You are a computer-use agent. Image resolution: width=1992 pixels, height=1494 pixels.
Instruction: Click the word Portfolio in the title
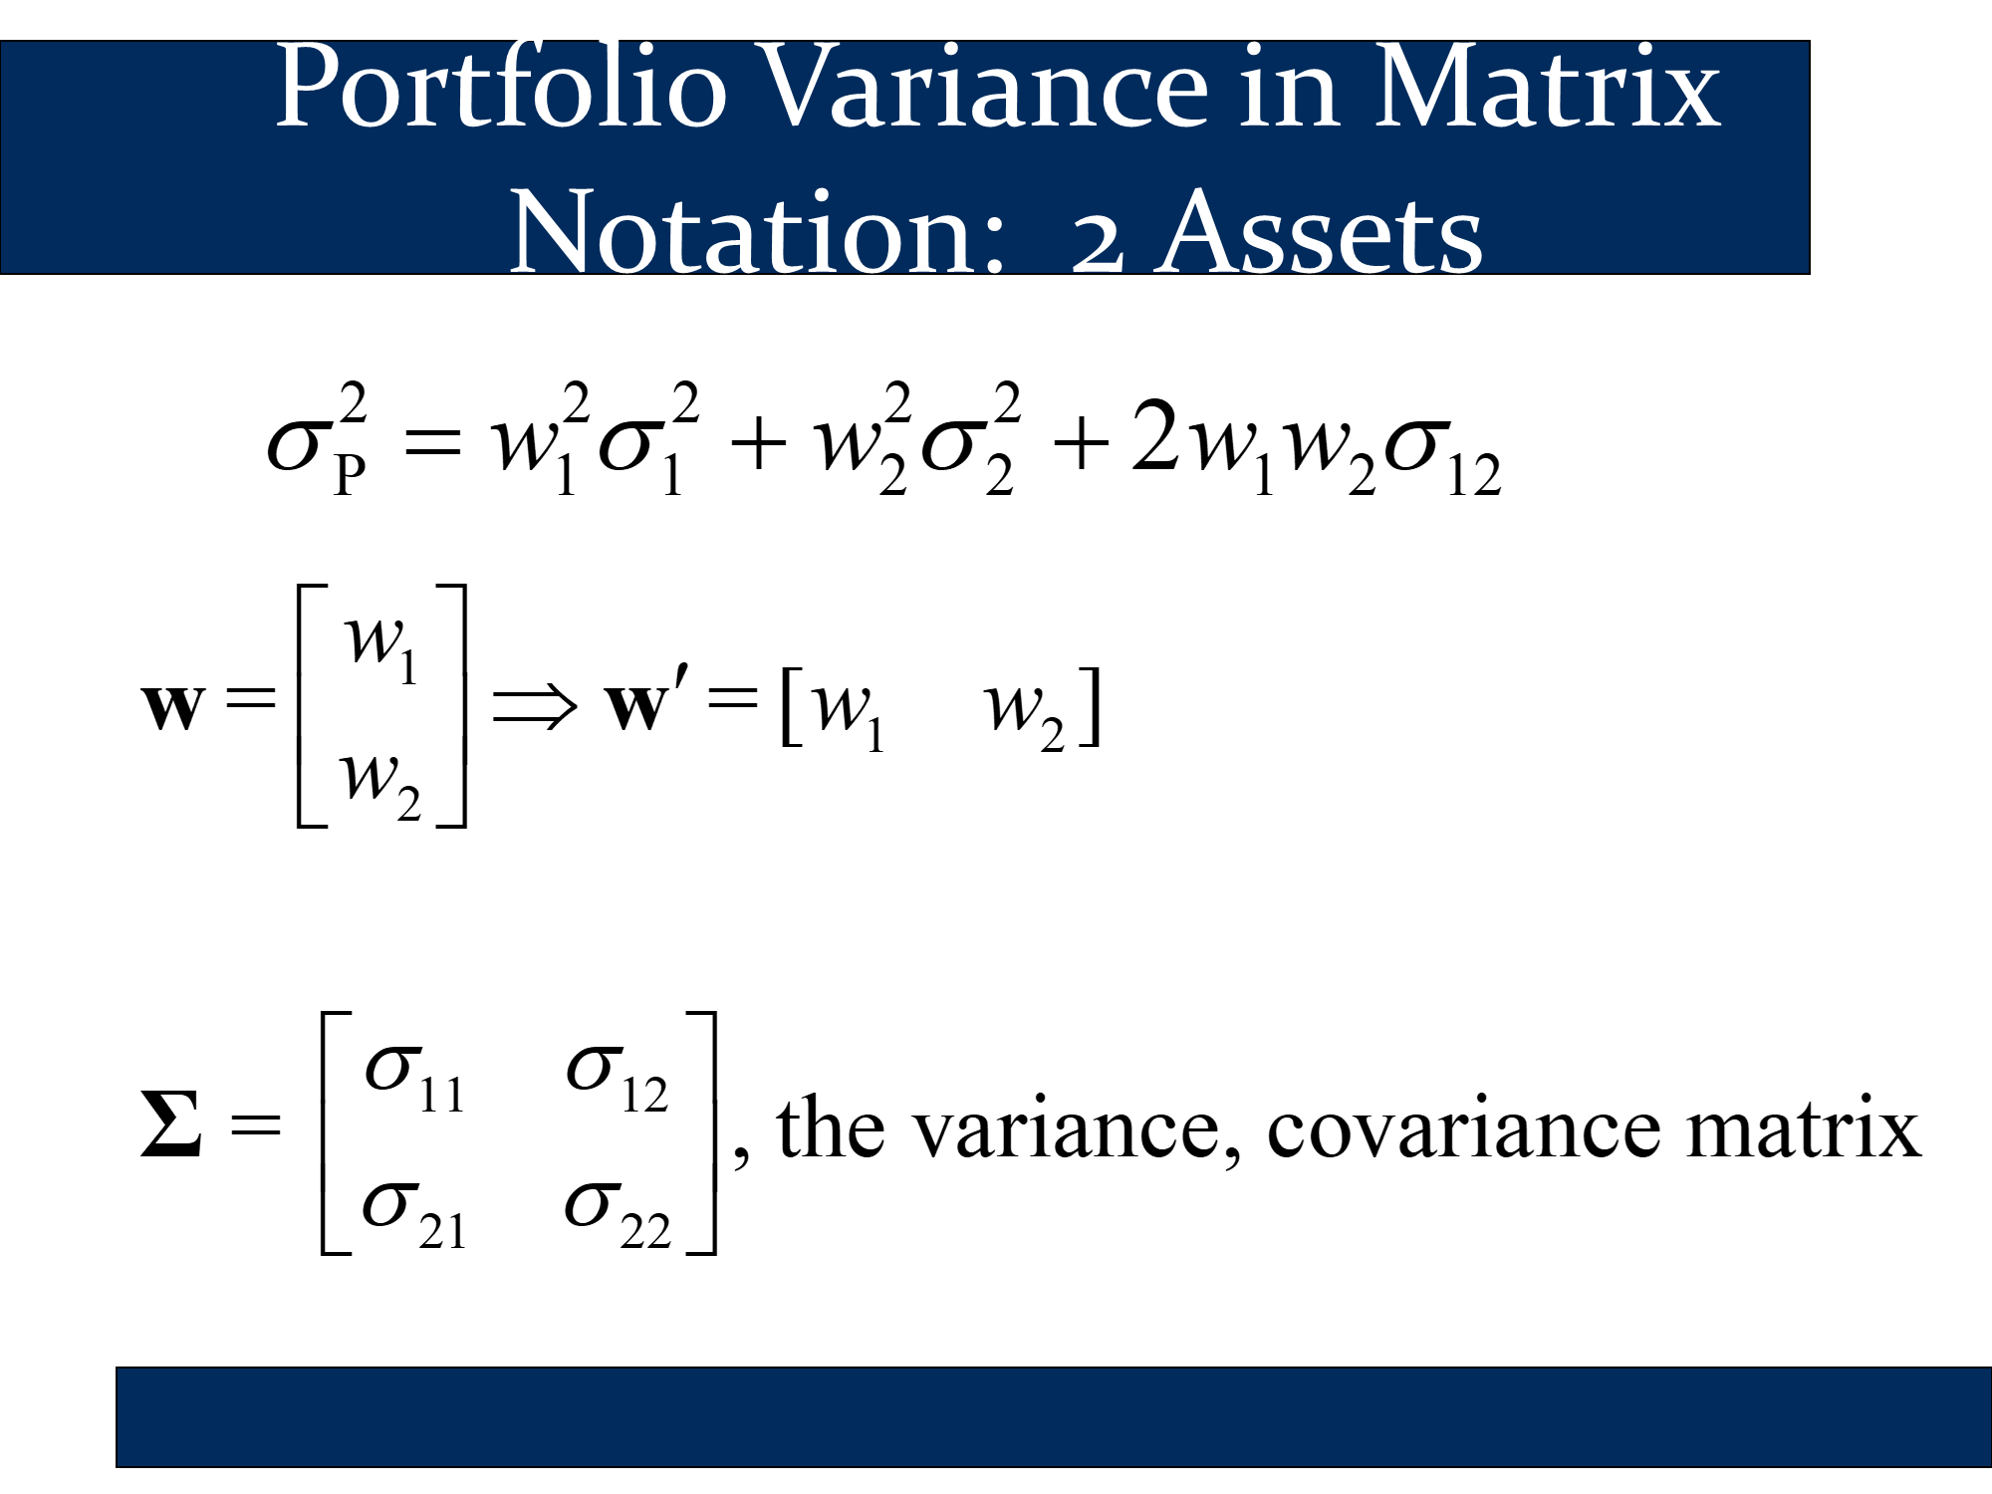point(501,88)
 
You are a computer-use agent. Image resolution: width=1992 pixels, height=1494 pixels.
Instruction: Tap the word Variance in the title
point(986,88)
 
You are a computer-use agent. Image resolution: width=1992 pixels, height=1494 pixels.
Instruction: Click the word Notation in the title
point(756,233)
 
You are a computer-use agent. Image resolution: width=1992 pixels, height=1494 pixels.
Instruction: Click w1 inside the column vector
point(381,647)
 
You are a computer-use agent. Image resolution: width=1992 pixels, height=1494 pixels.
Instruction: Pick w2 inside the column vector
point(381,785)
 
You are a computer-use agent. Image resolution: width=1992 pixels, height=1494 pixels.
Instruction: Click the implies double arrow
point(535,705)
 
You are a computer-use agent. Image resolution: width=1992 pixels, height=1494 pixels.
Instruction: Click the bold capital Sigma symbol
point(171,1123)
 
